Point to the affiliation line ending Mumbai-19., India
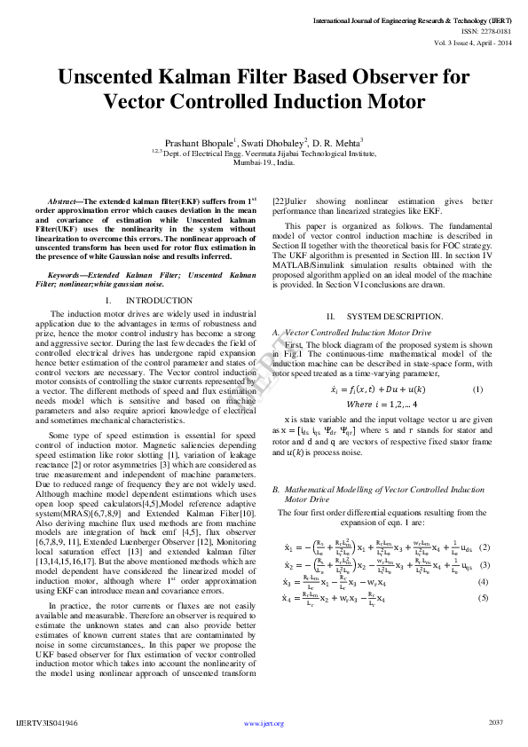pos(264,163)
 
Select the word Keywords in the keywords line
pos(67,277)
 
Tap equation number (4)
pos(484,582)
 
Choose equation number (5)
pos(484,598)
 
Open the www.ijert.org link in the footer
pos(264,723)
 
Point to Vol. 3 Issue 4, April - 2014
pos(474,41)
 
